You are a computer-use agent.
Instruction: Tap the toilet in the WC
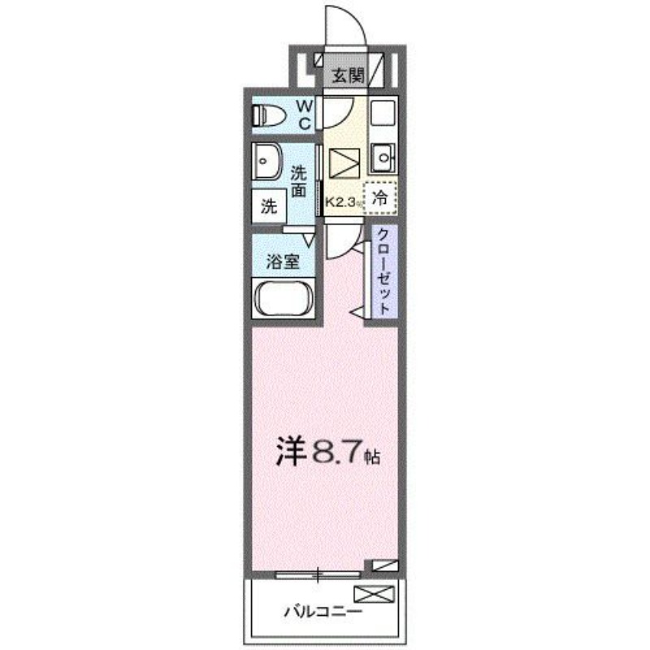click(x=270, y=116)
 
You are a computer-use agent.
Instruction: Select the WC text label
click(x=302, y=114)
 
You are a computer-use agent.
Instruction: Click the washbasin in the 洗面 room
click(x=265, y=162)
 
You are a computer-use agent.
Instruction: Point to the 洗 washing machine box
click(x=268, y=206)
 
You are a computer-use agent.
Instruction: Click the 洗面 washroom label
click(x=299, y=181)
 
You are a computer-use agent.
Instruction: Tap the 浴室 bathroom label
click(x=284, y=262)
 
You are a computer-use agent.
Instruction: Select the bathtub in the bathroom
click(x=284, y=297)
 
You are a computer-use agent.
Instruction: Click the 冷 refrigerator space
click(x=379, y=197)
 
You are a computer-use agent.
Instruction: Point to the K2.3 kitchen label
click(x=342, y=202)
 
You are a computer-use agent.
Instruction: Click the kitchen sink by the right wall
click(x=382, y=156)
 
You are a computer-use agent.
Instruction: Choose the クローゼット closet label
click(x=382, y=271)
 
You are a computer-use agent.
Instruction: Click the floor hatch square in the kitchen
click(x=342, y=165)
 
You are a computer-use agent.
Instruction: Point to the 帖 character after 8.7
click(x=370, y=457)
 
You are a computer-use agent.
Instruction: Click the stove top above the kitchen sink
click(x=382, y=113)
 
